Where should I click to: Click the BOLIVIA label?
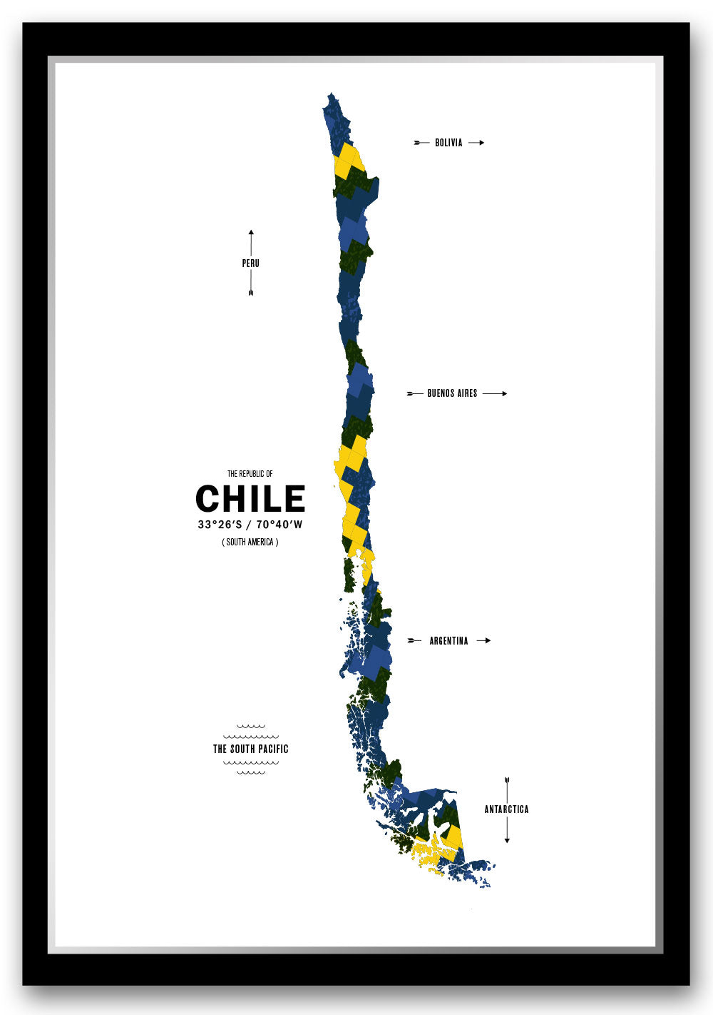448,143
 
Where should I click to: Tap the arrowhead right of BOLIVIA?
482,143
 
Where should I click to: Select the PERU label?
250,263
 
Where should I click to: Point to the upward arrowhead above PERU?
251,232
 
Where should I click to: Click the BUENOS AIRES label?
452,393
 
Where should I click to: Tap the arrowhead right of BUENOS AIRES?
505,393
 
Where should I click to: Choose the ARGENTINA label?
448,641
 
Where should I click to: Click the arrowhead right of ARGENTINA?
488,641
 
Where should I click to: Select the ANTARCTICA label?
506,809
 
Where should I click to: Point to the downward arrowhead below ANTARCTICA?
507,841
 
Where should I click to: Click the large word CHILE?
250,499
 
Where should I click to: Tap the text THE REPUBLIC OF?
250,474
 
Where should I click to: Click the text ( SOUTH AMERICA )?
250,542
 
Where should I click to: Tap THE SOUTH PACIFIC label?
250,749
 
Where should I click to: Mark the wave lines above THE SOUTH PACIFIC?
250,732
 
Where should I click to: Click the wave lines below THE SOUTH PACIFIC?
250,767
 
